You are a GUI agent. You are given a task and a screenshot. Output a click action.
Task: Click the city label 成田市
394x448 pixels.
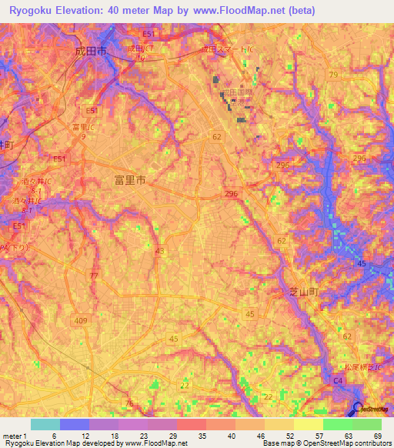(89, 50)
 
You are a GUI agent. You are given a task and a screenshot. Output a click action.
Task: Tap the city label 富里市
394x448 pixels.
(129, 180)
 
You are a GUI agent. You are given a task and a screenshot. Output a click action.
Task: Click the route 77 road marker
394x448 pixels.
(94, 276)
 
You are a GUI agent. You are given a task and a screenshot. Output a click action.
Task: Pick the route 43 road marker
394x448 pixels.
(159, 251)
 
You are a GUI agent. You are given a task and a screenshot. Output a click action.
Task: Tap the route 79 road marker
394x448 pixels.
(332, 75)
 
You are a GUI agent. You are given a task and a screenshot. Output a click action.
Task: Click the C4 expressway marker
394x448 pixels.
(337, 379)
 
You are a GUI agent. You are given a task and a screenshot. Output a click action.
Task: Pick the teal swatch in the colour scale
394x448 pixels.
(45, 424)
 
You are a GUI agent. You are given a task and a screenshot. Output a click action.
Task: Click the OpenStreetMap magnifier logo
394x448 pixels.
(359, 410)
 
